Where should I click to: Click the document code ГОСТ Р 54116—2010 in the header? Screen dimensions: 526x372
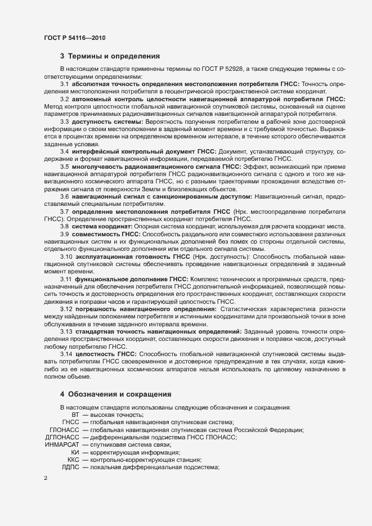[x=74, y=38]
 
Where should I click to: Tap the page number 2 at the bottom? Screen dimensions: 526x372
[x=46, y=478]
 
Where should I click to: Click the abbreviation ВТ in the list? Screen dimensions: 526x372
[x=75, y=415]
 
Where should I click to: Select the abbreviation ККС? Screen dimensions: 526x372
[x=73, y=460]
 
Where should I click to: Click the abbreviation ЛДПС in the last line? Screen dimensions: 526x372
[x=70, y=467]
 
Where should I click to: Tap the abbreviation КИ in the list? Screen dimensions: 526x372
[x=75, y=452]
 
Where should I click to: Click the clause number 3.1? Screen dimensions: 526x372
[x=65, y=84]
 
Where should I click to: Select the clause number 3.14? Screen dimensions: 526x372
[x=66, y=353]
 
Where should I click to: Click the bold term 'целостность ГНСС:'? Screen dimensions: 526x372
[x=106, y=353]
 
